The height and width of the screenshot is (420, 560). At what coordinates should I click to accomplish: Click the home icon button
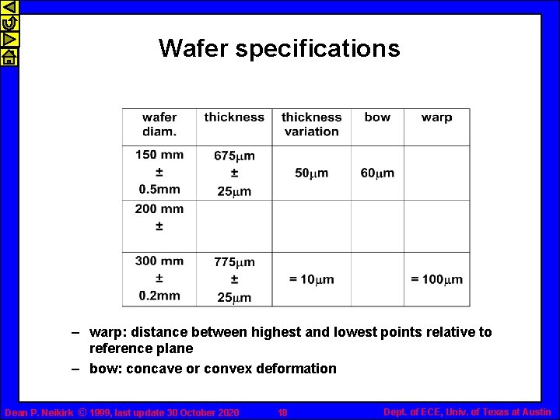(9, 57)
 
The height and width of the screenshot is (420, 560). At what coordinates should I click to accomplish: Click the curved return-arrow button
(9, 24)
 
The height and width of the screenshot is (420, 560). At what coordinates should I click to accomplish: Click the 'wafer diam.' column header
(159, 124)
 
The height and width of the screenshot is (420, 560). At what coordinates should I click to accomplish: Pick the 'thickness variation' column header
(311, 124)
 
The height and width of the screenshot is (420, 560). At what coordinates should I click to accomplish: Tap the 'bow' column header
(377, 117)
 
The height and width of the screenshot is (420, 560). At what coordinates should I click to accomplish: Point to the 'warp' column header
(436, 117)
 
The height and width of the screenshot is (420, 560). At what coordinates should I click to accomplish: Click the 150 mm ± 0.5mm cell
(159, 172)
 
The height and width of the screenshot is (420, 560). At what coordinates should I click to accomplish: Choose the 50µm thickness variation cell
(311, 173)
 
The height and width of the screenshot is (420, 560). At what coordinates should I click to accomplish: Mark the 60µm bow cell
(377, 173)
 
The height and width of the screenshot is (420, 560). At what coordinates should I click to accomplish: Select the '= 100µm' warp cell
(436, 279)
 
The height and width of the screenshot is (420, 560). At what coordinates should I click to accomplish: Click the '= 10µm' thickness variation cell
(311, 279)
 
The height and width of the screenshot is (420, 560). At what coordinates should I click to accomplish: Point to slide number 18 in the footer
(282, 412)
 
